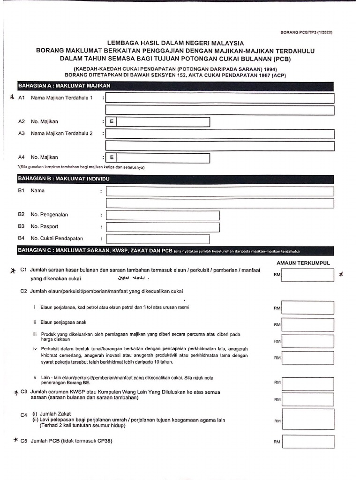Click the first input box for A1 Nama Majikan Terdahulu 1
[220, 98]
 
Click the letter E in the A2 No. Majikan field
[112, 122]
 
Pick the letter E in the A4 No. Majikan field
[112, 157]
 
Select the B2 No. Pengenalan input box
[163, 215]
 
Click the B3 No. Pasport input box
[163, 227]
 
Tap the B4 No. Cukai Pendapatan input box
[163, 239]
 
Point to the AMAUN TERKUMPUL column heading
[303, 263]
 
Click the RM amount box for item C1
[307, 275]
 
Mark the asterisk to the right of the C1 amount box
[342, 275]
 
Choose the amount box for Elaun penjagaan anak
[307, 324]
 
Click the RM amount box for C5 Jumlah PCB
[307, 442]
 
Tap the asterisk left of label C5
[16, 441]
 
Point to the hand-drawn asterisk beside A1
[12, 97]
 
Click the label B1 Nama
[31, 191]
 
